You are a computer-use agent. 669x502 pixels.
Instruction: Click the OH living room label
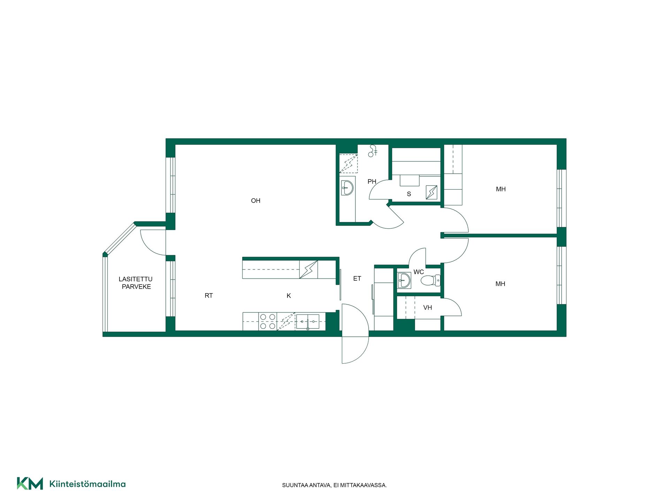tap(255, 200)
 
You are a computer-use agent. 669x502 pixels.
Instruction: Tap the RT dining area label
tap(208, 296)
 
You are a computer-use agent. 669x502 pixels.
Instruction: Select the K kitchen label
tap(289, 296)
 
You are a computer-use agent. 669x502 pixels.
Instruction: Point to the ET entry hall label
tap(357, 279)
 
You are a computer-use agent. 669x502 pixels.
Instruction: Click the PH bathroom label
tap(372, 182)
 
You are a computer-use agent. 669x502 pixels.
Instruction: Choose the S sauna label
tap(409, 194)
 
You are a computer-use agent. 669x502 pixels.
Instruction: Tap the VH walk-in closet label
tap(428, 307)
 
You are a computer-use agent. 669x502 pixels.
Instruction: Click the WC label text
tap(418, 272)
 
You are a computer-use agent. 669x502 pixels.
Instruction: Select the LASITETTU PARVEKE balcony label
tap(136, 283)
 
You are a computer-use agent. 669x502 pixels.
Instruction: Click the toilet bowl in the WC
tap(431, 280)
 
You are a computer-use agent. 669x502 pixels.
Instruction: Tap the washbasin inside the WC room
tap(404, 280)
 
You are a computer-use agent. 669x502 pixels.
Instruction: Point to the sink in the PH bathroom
tap(347, 188)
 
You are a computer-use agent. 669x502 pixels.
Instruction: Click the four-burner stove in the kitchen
tap(268, 321)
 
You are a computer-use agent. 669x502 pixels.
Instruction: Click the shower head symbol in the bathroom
tap(373, 151)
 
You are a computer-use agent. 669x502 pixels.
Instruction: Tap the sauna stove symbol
tap(431, 192)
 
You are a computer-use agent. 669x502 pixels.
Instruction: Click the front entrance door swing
tap(355, 334)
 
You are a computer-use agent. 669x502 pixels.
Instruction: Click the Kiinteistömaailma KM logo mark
tap(30, 484)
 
